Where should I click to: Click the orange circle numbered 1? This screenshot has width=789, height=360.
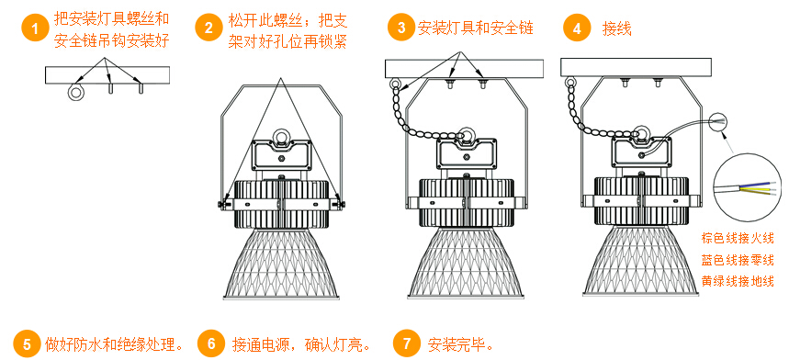point(35,28)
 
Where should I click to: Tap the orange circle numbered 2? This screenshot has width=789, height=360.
point(209,28)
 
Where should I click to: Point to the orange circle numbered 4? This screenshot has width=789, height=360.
point(577,28)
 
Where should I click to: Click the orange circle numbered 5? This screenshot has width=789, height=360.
point(27,343)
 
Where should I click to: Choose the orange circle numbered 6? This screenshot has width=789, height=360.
point(212,343)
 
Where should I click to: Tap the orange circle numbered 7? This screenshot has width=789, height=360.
point(406,343)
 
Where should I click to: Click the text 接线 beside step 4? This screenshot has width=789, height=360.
point(616,28)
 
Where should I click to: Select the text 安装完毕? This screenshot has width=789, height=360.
point(456,344)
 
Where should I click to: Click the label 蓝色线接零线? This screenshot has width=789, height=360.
point(738,260)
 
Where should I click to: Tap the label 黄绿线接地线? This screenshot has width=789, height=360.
point(738,281)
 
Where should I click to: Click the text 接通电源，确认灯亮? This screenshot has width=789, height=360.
point(301,344)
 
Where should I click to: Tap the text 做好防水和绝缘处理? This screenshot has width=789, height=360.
point(113,344)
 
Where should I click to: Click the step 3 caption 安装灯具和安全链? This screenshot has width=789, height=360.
point(475,28)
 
